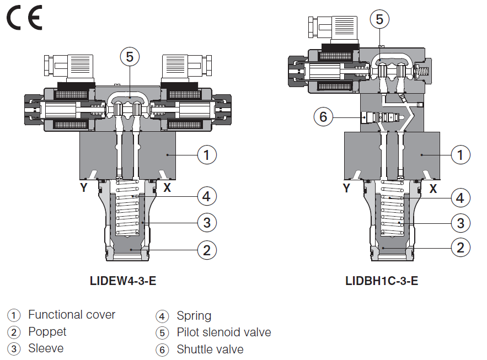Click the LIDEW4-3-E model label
click(x=123, y=281)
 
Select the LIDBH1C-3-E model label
click(x=382, y=281)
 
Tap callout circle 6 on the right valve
click(x=324, y=117)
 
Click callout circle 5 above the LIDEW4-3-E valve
click(x=130, y=57)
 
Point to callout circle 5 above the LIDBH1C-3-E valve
click(x=379, y=19)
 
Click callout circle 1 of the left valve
click(x=207, y=155)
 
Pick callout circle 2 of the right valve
click(x=461, y=248)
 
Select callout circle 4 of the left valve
click(x=206, y=196)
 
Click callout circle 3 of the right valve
click(x=461, y=223)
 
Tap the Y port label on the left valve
click(x=83, y=188)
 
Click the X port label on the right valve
click(x=433, y=189)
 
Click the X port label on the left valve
click(x=167, y=188)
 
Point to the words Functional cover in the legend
click(x=72, y=315)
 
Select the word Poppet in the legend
click(x=47, y=332)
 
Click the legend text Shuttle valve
click(x=210, y=350)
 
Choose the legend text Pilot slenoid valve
click(x=223, y=332)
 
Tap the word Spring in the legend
click(x=194, y=316)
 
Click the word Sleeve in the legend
click(x=46, y=348)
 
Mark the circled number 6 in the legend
click(x=162, y=350)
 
